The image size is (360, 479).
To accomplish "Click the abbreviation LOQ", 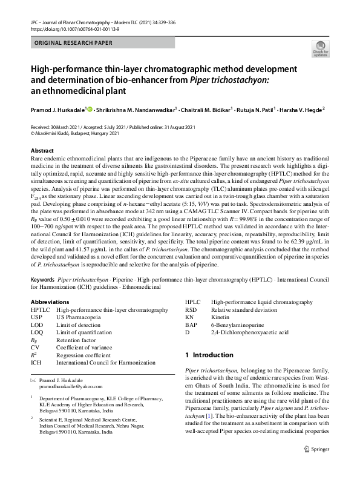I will pyautogui.click(x=38, y=332).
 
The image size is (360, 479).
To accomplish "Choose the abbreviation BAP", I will pyautogui.click(x=191, y=325).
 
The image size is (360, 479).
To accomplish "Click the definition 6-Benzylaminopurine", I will pyautogui.click(x=238, y=325).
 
